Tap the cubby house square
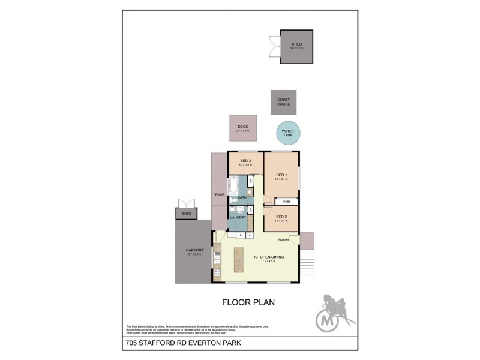(x=283, y=101)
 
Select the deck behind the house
(x=242, y=128)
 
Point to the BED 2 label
(x=281, y=217)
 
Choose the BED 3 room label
(x=245, y=160)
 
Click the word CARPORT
(x=195, y=250)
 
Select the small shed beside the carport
(x=182, y=214)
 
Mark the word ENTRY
(x=284, y=240)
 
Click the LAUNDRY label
(x=238, y=217)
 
